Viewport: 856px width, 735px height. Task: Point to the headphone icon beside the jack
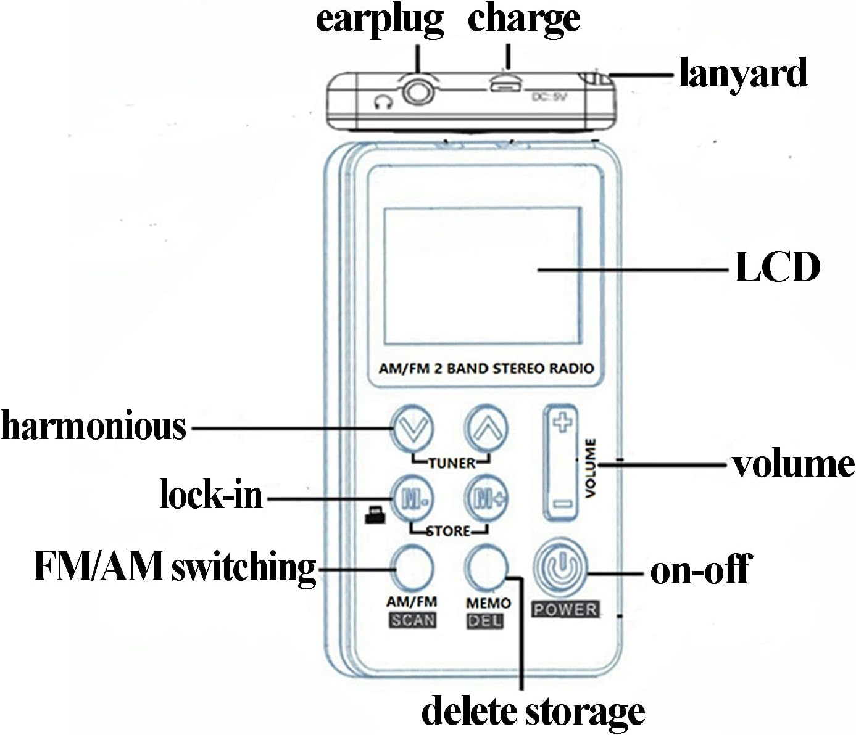click(x=383, y=102)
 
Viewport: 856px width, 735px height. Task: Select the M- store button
click(x=412, y=497)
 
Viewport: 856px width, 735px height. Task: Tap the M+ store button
click(x=486, y=497)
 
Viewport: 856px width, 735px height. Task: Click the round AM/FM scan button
click(x=412, y=567)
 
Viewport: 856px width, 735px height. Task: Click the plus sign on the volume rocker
click(x=562, y=423)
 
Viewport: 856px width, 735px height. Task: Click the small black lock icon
click(x=375, y=515)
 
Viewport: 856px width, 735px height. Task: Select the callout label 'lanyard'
click(x=742, y=73)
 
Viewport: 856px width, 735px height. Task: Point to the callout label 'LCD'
click(x=777, y=267)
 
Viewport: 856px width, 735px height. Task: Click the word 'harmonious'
click(x=93, y=426)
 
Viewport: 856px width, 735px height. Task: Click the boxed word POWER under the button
click(x=565, y=610)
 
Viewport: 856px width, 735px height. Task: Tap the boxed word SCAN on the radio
click(x=412, y=620)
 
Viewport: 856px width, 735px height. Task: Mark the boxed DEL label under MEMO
click(x=485, y=621)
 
